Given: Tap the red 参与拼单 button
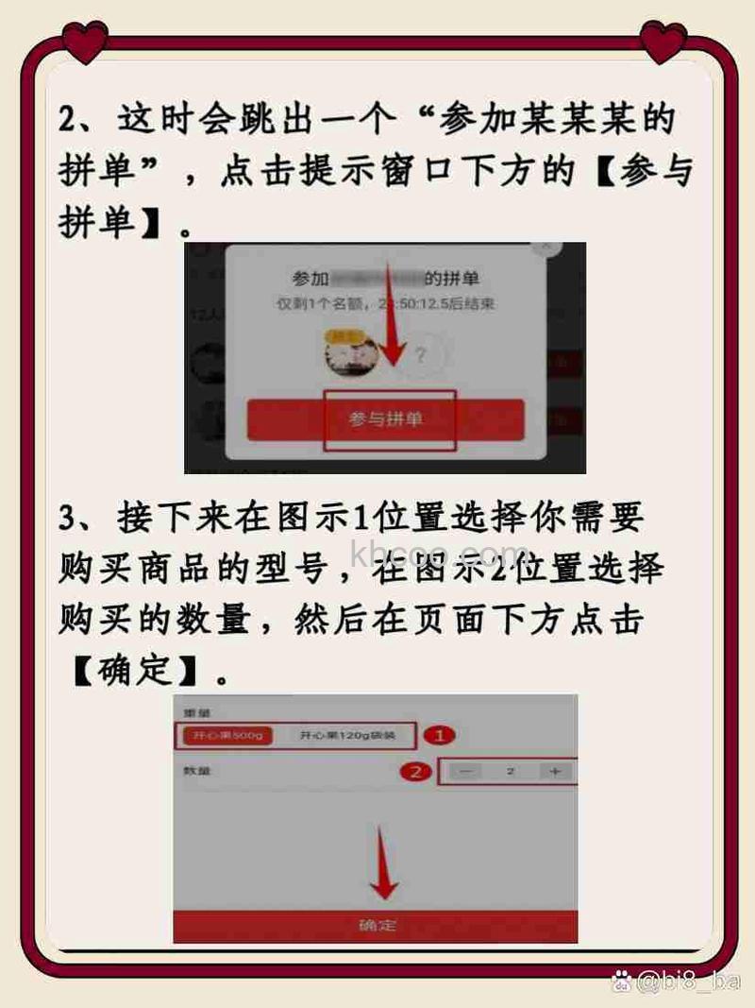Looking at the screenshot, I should tap(385, 419).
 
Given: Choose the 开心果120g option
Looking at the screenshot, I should tap(341, 735).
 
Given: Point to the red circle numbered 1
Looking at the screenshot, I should tap(439, 735).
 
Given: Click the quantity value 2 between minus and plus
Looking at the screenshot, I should tap(510, 772).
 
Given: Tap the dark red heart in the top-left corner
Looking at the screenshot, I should tap(86, 42).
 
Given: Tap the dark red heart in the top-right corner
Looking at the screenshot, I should tap(663, 42).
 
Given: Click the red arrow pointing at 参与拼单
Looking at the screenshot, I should tap(394, 335).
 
